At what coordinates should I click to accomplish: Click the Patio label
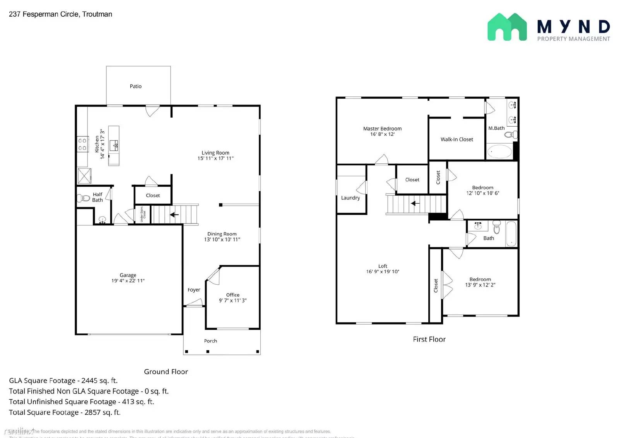[135, 86]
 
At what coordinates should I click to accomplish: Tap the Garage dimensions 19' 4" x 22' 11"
[128, 281]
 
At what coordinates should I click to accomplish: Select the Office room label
[233, 295]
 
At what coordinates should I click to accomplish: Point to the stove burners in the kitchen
[82, 144]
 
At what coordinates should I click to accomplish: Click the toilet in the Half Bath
[84, 198]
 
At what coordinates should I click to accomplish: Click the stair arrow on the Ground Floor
[174, 214]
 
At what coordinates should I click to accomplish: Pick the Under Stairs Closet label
[142, 214]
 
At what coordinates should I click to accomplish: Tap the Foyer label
[194, 290]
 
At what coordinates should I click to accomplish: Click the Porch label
[210, 341]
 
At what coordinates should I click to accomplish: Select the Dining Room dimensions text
[222, 239]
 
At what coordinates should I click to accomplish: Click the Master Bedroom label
[382, 129]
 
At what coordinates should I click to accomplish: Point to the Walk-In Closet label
[457, 139]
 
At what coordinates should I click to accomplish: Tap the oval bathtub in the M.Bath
[499, 151]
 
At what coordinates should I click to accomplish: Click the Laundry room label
[350, 198]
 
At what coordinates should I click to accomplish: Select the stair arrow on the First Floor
[415, 203]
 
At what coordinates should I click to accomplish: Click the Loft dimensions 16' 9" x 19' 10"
[383, 271]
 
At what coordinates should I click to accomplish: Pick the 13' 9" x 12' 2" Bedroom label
[480, 279]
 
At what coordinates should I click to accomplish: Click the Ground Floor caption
[166, 371]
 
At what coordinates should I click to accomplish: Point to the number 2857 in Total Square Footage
[92, 412]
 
